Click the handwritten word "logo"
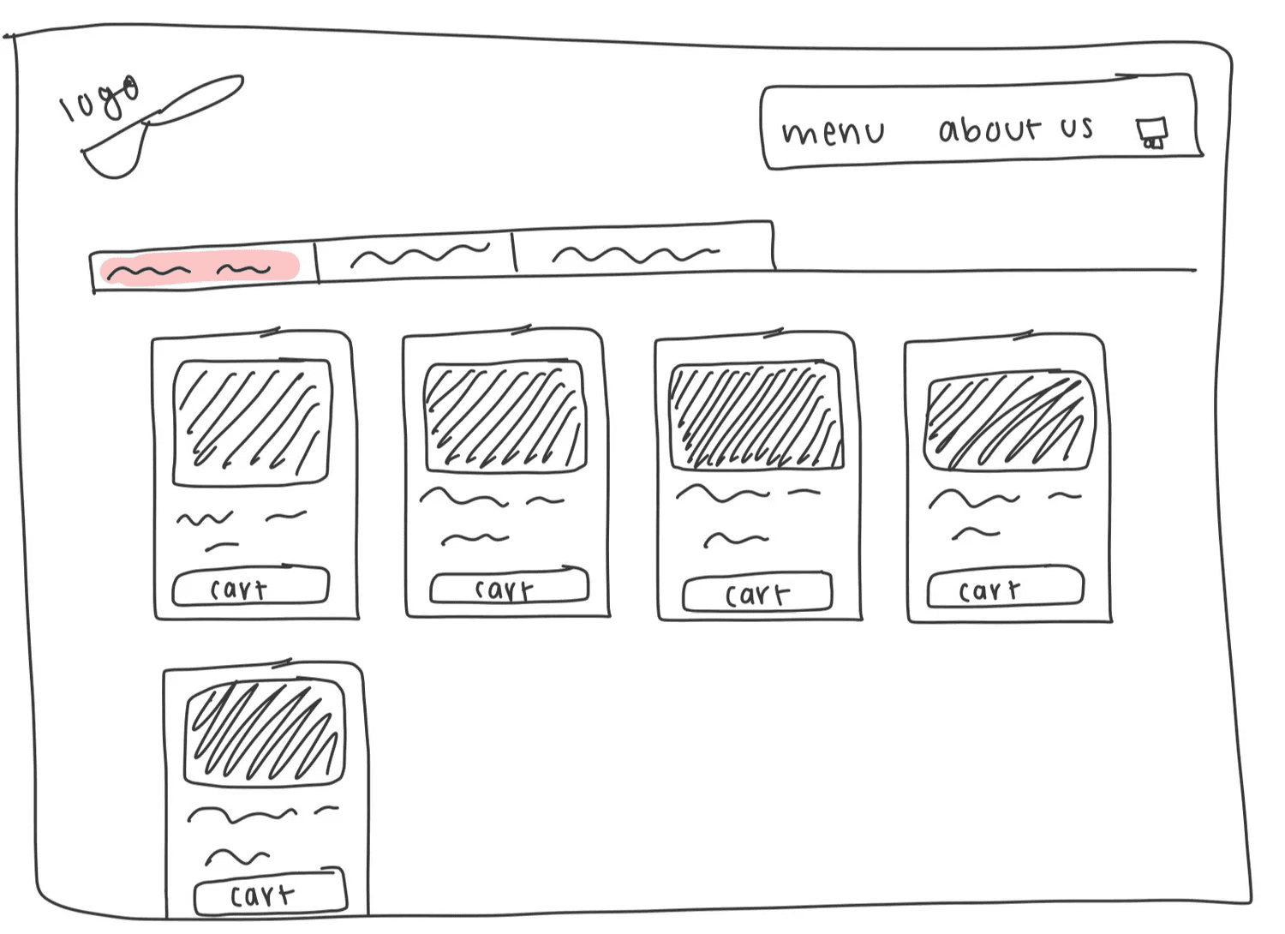point(99,99)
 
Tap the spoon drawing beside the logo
point(163,124)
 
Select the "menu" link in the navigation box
point(833,132)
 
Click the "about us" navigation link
point(1015,129)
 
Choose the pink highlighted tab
point(200,268)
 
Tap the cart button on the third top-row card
point(757,593)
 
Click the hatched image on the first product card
point(252,422)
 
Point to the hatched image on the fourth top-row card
point(1009,421)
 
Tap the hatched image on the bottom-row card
point(265,733)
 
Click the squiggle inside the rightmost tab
point(635,254)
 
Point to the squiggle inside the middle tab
point(420,254)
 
